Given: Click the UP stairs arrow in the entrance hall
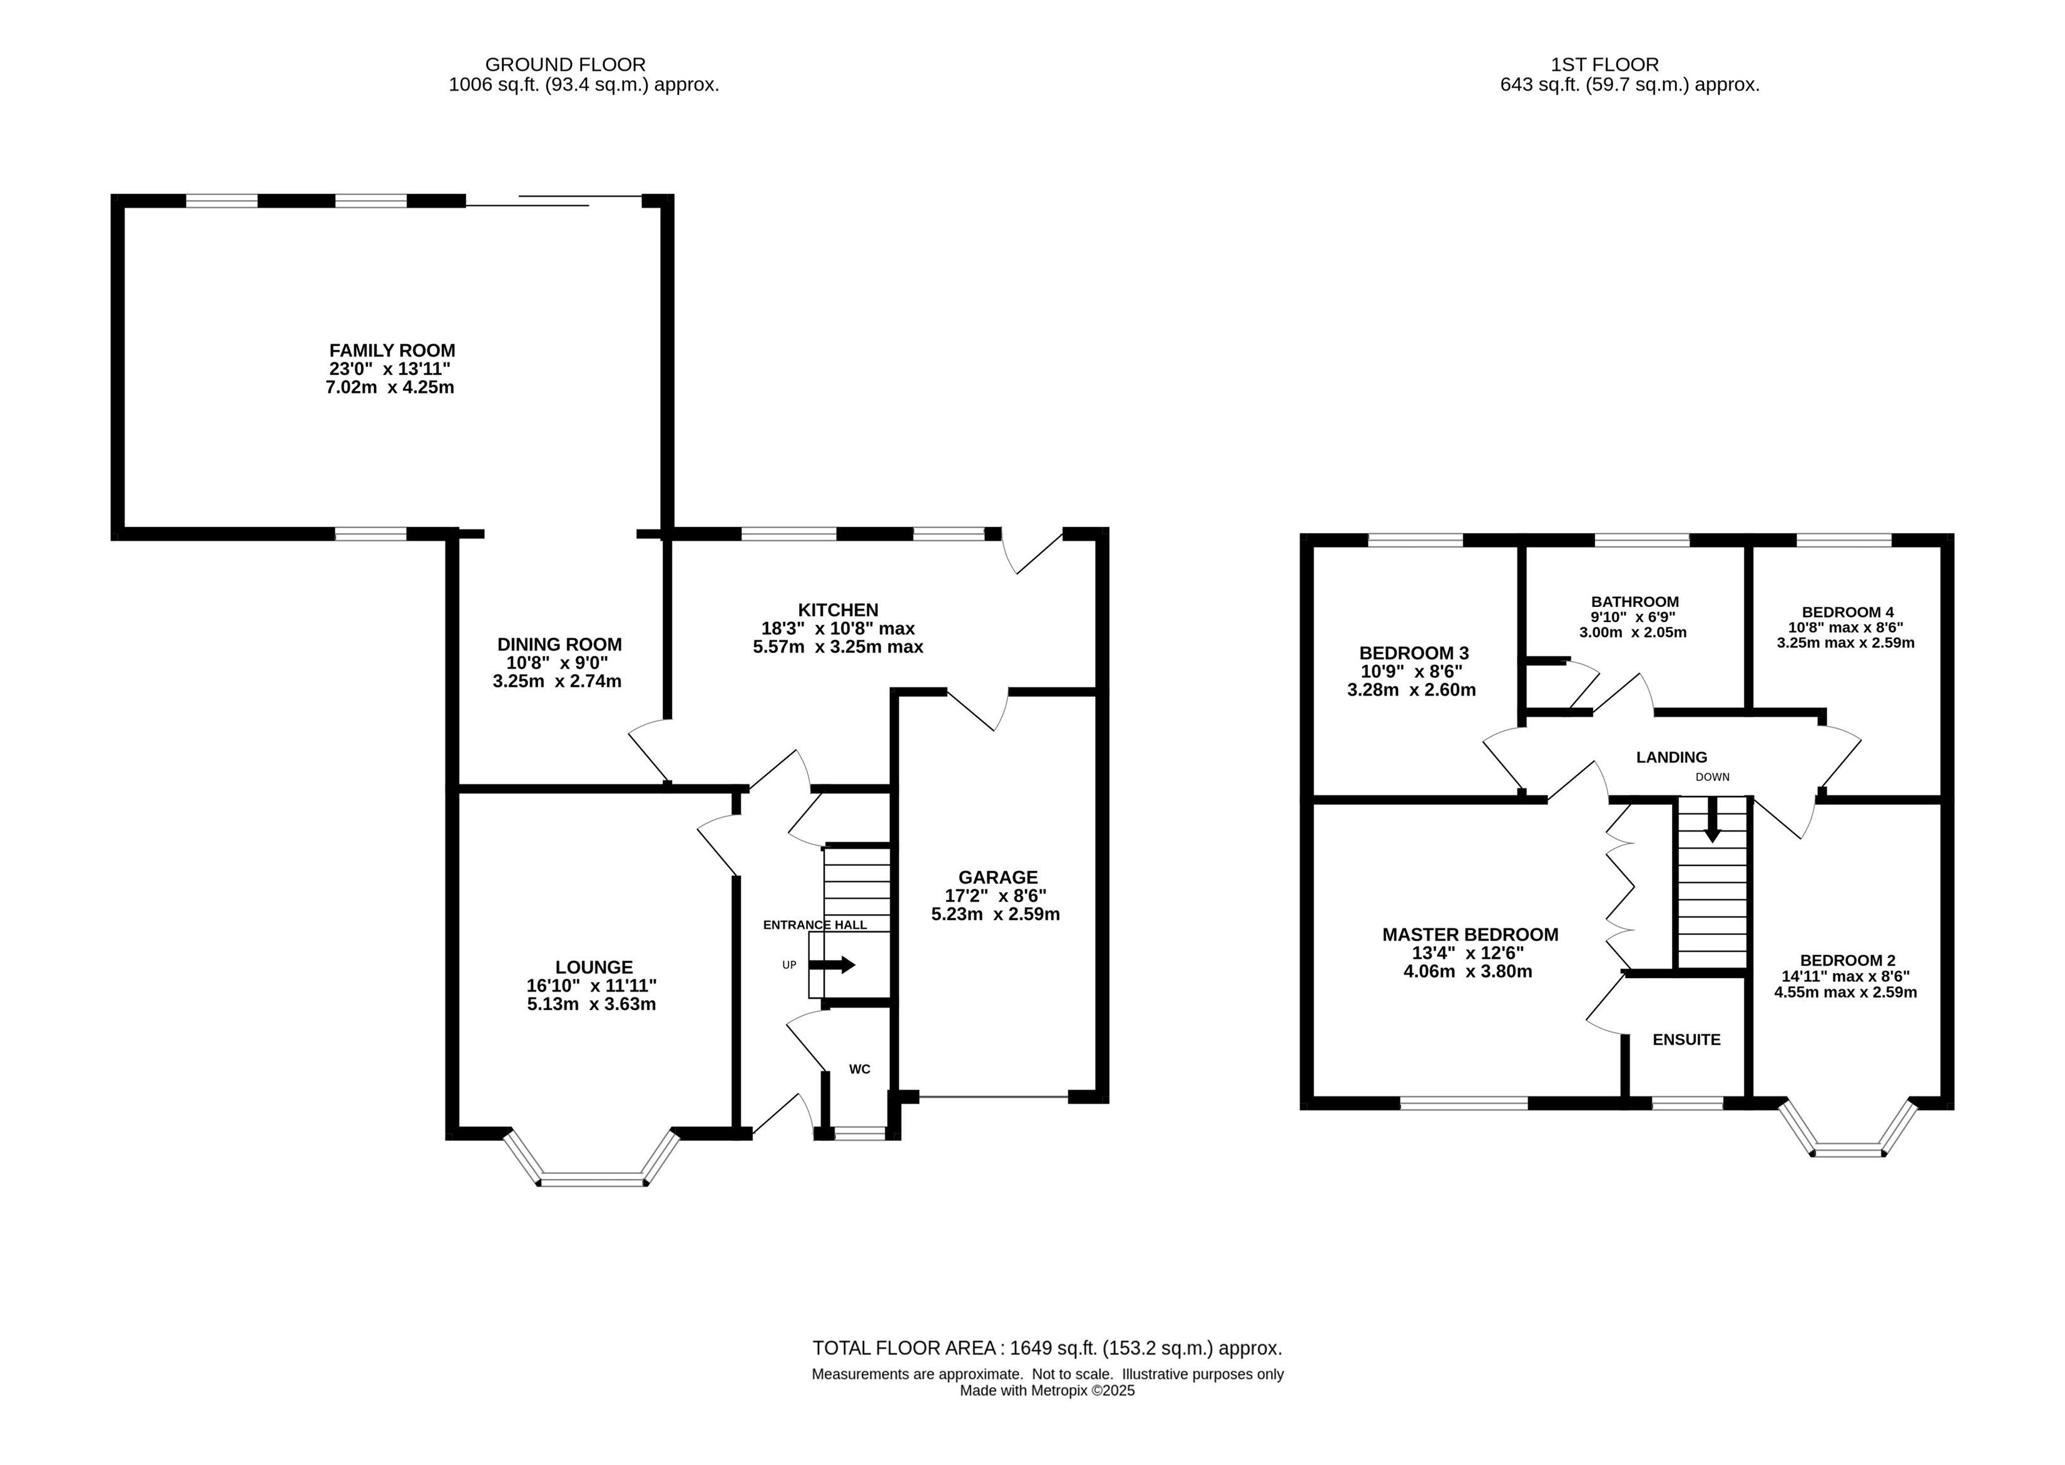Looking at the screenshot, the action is click(x=832, y=965).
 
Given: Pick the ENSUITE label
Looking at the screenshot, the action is click(x=1686, y=1040).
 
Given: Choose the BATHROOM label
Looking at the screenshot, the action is click(x=1634, y=601).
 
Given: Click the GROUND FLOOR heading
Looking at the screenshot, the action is click(x=566, y=65).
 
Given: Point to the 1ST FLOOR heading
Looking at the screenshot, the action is click(x=1605, y=65).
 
